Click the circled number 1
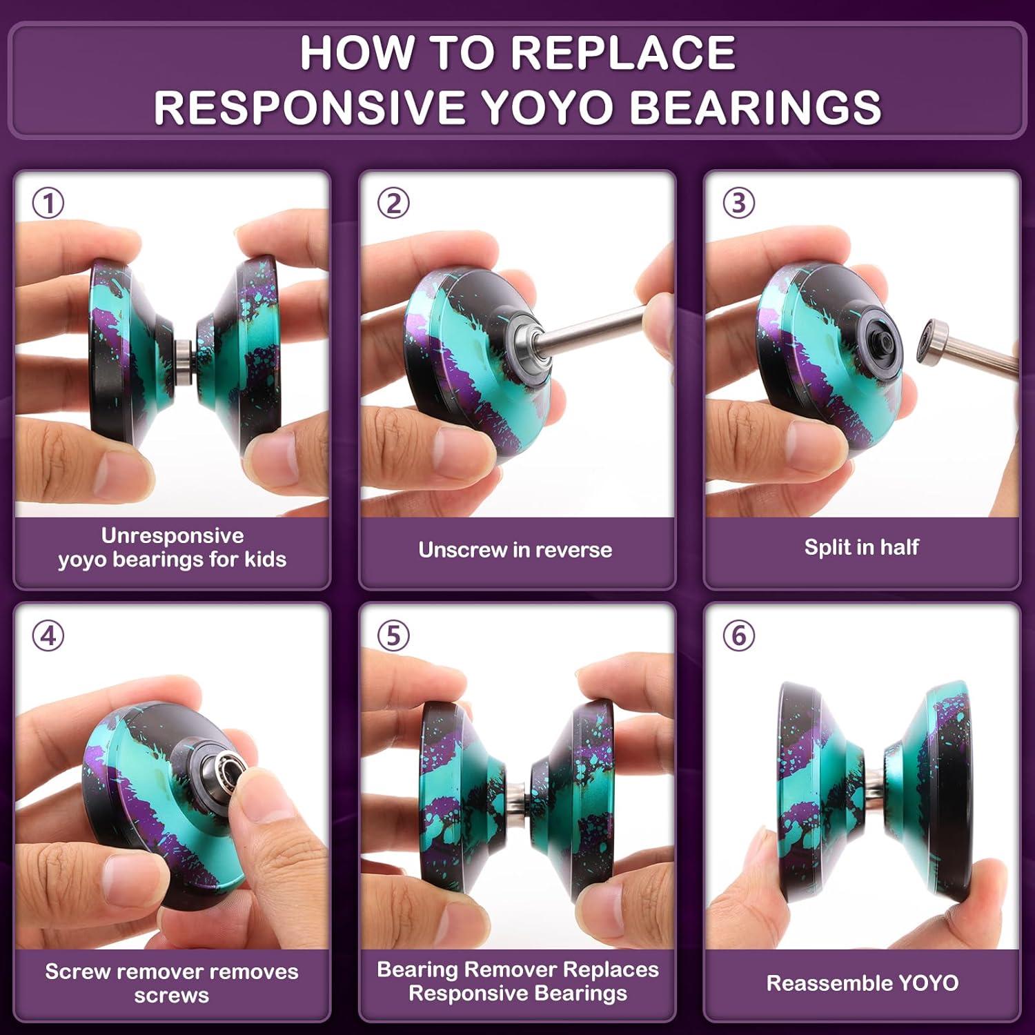tap(48, 204)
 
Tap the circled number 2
tap(393, 204)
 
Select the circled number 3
tap(738, 204)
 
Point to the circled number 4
tap(48, 635)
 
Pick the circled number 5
tap(393, 635)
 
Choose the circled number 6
tap(738, 635)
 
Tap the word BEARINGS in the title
tap(756, 107)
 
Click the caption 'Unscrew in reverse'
tap(515, 550)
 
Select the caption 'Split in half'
tap(861, 547)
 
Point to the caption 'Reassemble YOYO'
tap(862, 983)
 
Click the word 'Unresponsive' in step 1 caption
tap(172, 535)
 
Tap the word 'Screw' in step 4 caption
tap(76, 972)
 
